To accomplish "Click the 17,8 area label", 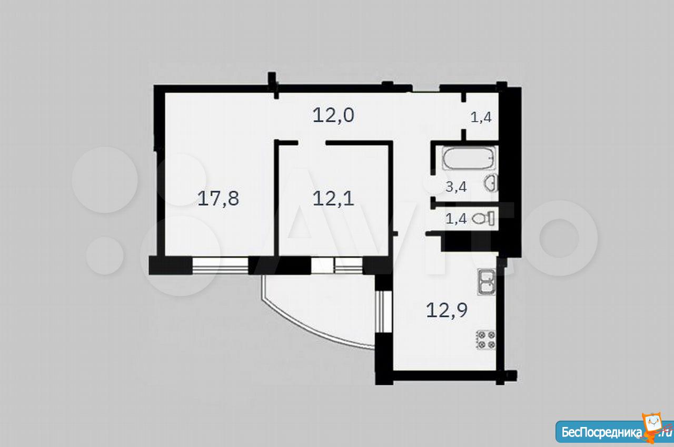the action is (x=218, y=199).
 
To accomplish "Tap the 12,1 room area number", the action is (x=333, y=199).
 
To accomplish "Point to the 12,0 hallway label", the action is (x=333, y=115).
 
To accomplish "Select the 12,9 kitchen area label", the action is (x=447, y=310).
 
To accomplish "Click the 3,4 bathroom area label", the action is (x=456, y=187).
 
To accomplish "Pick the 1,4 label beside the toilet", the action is (x=456, y=218).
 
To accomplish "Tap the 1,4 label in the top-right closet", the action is (x=481, y=117).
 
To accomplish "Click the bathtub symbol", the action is (x=469, y=158).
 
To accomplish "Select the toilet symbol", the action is (x=483, y=218).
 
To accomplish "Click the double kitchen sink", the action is (x=487, y=282).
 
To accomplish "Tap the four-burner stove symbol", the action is (x=485, y=340).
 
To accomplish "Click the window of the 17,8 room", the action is (x=220, y=265).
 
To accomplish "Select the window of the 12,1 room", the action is (x=336, y=265).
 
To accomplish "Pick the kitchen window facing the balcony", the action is (x=384, y=312).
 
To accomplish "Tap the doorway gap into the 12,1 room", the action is (x=312, y=143).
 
